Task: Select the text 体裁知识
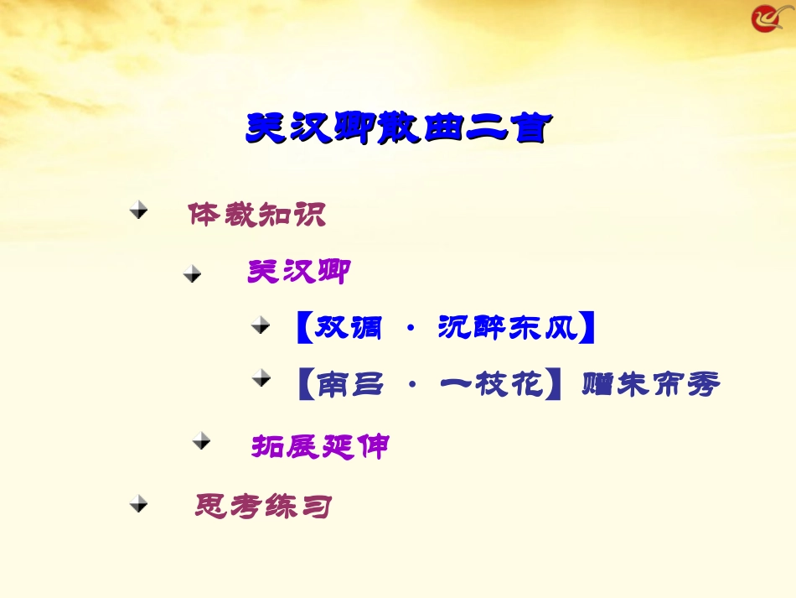pos(256,215)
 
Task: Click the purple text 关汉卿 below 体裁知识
pos(297,271)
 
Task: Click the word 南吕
pos(350,385)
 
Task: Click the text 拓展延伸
pos(320,445)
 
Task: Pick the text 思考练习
pos(263,506)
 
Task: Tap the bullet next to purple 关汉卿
pos(193,273)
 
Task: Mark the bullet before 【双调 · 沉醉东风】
pos(262,324)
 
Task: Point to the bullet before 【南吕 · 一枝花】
pos(262,379)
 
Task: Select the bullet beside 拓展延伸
pos(201,440)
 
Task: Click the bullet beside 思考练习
pos(139,503)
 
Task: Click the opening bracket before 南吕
pos(306,385)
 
